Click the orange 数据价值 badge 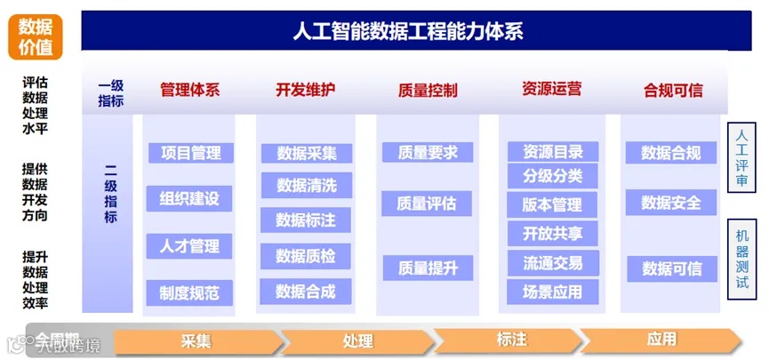click(36, 36)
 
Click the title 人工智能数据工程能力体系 click(408, 31)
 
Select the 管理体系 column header click(189, 90)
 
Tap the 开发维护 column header click(306, 90)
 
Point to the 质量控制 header click(428, 90)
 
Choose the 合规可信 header click(673, 90)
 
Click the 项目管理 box click(190, 153)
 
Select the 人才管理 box click(189, 245)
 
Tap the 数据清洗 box click(307, 185)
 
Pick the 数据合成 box click(306, 291)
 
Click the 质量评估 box click(428, 204)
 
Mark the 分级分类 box click(553, 176)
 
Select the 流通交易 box click(553, 262)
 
